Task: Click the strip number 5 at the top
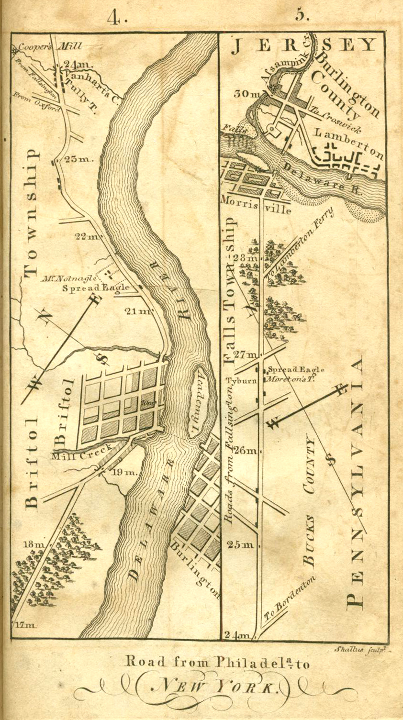click(x=301, y=15)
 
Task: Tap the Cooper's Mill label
click(x=47, y=47)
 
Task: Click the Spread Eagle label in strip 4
click(x=96, y=288)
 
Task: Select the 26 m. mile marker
click(x=247, y=451)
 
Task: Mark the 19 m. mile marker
click(x=124, y=473)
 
